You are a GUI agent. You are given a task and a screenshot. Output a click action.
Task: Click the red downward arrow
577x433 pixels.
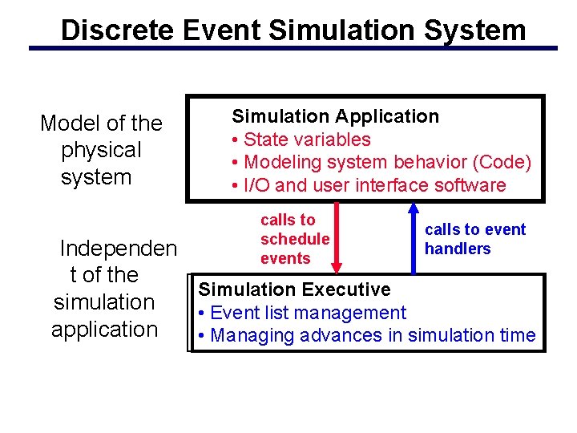click(337, 237)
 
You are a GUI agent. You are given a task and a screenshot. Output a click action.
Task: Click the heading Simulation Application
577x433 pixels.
click(335, 116)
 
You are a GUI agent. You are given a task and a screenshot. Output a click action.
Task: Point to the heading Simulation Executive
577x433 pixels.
click(294, 289)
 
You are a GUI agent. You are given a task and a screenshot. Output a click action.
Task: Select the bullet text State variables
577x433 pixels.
click(307, 140)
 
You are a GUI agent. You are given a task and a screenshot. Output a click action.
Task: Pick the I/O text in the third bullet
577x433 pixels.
click(256, 185)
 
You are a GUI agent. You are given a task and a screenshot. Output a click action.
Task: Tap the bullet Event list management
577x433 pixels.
click(308, 313)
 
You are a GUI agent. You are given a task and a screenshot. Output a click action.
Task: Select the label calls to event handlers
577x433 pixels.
click(474, 239)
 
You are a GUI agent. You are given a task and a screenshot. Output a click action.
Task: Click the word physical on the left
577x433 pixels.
click(101, 150)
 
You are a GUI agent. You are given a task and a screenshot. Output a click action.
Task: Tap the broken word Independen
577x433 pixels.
click(119, 248)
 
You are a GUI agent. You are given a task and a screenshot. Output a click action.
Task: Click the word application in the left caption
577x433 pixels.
click(104, 329)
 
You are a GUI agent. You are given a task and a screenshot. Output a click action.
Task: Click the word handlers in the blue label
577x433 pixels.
click(458, 249)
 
